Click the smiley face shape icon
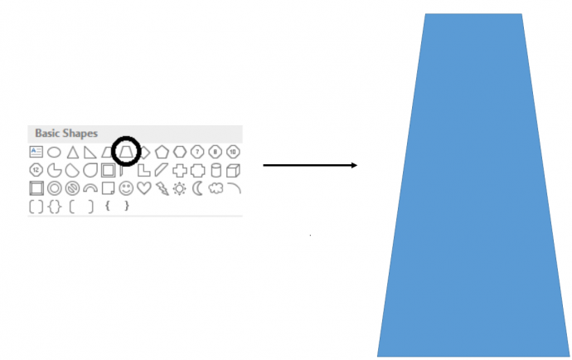pyautogui.click(x=126, y=188)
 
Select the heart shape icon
pyautogui.click(x=144, y=188)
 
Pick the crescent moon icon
pyautogui.click(x=198, y=188)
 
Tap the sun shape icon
pyautogui.click(x=180, y=189)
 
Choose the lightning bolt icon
pyautogui.click(x=162, y=188)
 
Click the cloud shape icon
pyautogui.click(x=216, y=188)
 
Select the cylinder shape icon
pyautogui.click(x=216, y=171)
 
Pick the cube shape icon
pyautogui.click(x=233, y=171)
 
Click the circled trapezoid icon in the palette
pyautogui.click(x=126, y=152)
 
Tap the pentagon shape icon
pyautogui.click(x=162, y=152)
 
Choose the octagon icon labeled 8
pyautogui.click(x=216, y=152)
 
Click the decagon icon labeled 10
pyautogui.click(x=233, y=152)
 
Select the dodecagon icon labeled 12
pyautogui.click(x=36, y=170)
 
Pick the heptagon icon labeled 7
pyautogui.click(x=197, y=152)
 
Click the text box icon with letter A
pyautogui.click(x=36, y=152)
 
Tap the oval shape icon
pyautogui.click(x=54, y=152)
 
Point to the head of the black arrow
pyautogui.click(x=356, y=165)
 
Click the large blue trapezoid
pyautogui.click(x=473, y=185)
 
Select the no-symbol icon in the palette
pyautogui.click(x=72, y=188)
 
